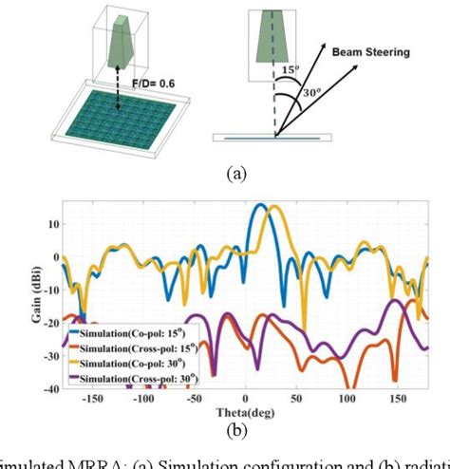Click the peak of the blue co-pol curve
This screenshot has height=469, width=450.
[x=259, y=205]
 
